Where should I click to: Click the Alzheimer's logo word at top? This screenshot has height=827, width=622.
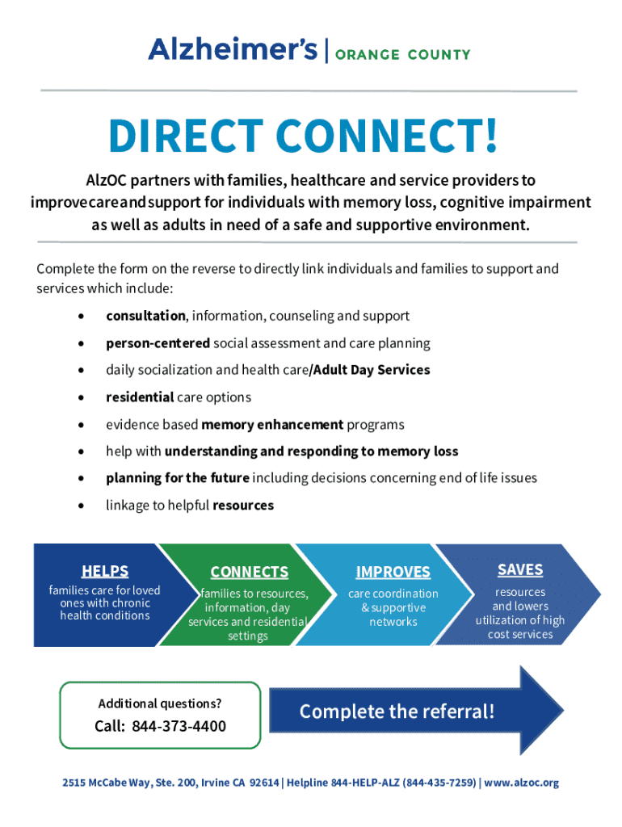pos(233,50)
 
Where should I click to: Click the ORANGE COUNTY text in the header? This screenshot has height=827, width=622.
pos(402,55)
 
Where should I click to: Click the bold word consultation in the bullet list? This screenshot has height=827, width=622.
pos(145,316)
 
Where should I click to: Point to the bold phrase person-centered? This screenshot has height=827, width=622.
pos(158,343)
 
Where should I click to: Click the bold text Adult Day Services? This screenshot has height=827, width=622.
pos(371,370)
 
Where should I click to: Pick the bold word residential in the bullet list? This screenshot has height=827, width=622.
pos(140,397)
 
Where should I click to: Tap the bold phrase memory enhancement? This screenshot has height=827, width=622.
pos(272,425)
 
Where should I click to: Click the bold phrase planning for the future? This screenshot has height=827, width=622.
pos(177,478)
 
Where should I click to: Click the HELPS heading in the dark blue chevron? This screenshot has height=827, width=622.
pos(105,572)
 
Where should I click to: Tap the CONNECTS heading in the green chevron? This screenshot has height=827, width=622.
pos(249,573)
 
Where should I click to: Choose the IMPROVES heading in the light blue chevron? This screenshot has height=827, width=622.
pos(393,573)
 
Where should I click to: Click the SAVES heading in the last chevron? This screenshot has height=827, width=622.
pos(520,570)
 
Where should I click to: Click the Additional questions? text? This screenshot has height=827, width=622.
pos(160,703)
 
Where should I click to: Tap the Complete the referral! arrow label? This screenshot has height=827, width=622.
pos(397,712)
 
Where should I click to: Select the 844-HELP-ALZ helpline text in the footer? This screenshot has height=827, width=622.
pos(362,783)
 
